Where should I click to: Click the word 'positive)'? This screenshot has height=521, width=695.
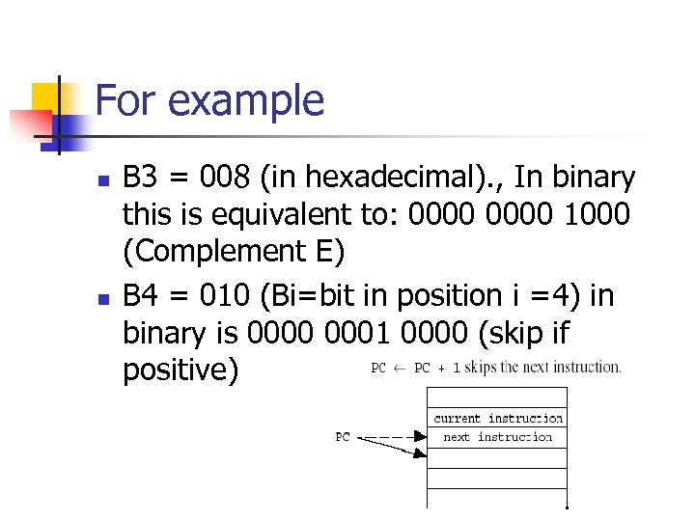click(181, 370)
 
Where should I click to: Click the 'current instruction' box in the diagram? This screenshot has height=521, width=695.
click(498, 418)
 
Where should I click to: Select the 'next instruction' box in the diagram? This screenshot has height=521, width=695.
click(498, 437)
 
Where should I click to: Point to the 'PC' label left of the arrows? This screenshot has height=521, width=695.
click(343, 437)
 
